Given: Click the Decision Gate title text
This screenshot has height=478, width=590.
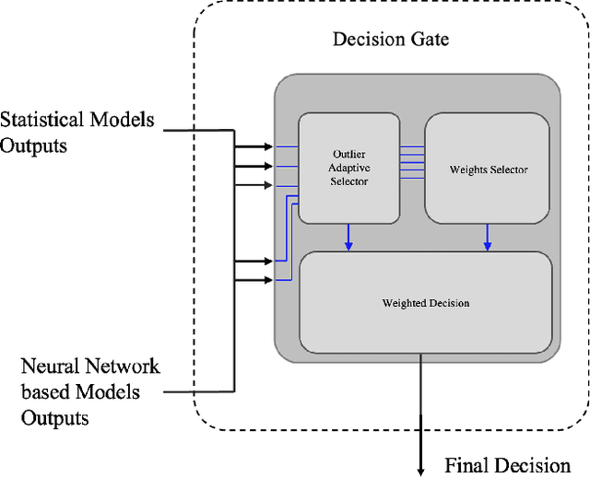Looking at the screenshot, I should [x=390, y=40].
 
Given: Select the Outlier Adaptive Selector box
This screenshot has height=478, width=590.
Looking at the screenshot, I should [x=348, y=168].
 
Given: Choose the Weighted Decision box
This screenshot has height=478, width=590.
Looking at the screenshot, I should [x=426, y=302].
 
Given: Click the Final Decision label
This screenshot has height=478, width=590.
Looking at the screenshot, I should [x=507, y=464].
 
